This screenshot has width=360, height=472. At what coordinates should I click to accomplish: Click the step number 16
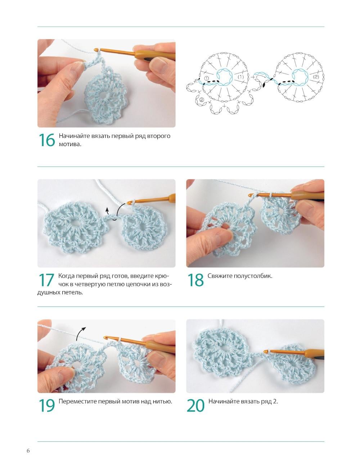click(47, 140)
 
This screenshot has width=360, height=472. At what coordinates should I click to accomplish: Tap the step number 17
click(46, 280)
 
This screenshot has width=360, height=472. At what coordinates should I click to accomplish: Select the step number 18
click(195, 280)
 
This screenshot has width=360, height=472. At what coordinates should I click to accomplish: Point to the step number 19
click(47, 405)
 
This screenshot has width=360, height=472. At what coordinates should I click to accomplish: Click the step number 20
click(195, 405)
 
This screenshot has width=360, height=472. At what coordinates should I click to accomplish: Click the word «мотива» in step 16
click(70, 144)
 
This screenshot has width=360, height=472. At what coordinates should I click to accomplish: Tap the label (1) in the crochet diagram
click(240, 77)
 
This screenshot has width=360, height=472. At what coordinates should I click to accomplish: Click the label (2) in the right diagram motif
click(316, 77)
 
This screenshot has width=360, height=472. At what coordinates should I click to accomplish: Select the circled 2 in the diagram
click(202, 100)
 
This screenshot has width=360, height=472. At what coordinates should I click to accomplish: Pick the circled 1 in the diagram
click(206, 78)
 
